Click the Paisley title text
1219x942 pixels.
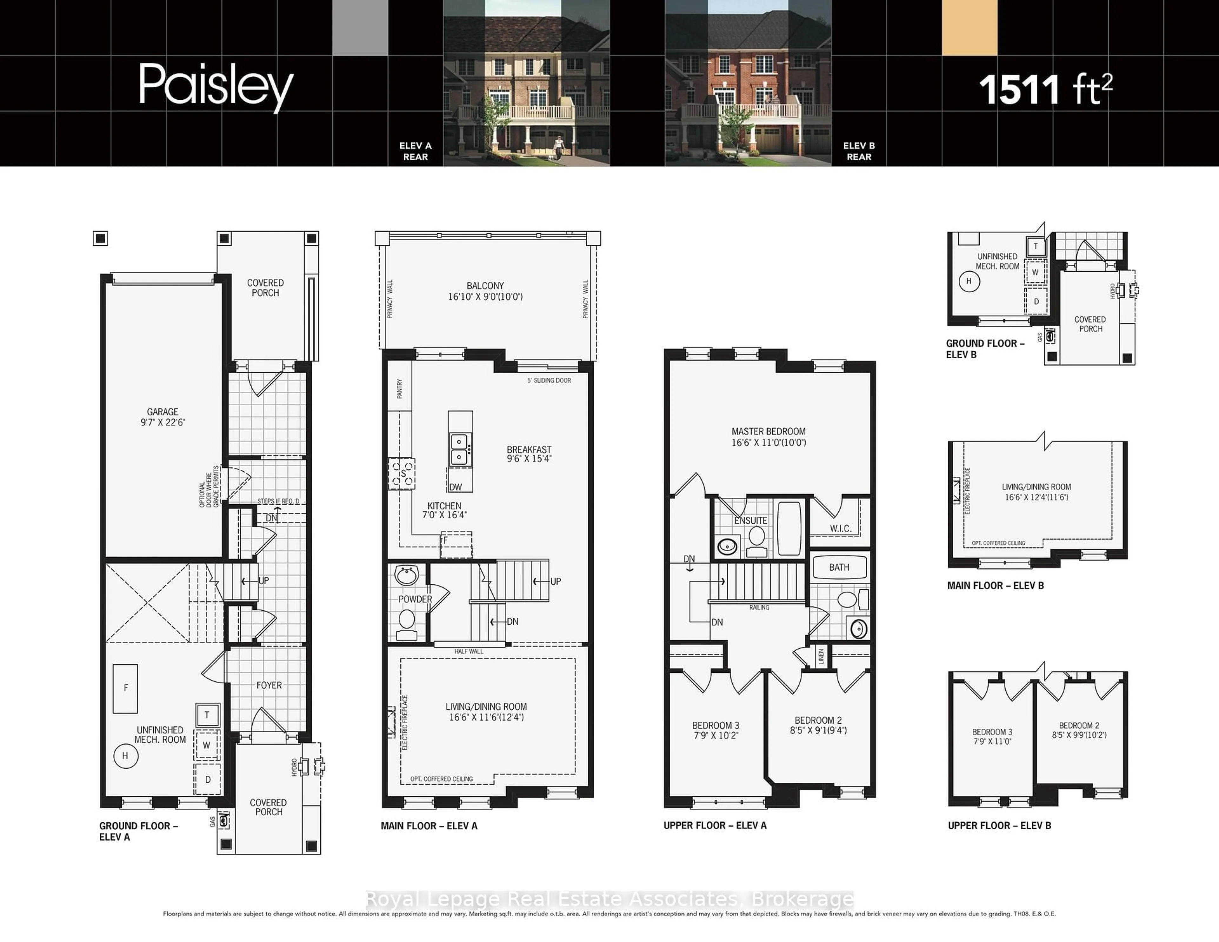(216, 87)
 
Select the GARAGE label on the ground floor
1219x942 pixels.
(163, 417)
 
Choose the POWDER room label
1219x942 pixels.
(415, 599)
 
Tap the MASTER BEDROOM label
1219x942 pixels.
(769, 436)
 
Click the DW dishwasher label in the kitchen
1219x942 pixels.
(456, 487)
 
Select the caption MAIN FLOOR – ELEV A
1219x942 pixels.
(429, 826)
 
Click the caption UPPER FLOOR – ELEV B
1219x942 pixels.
(999, 826)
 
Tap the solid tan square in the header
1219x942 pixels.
(969, 28)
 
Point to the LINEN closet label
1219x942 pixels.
(821, 656)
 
